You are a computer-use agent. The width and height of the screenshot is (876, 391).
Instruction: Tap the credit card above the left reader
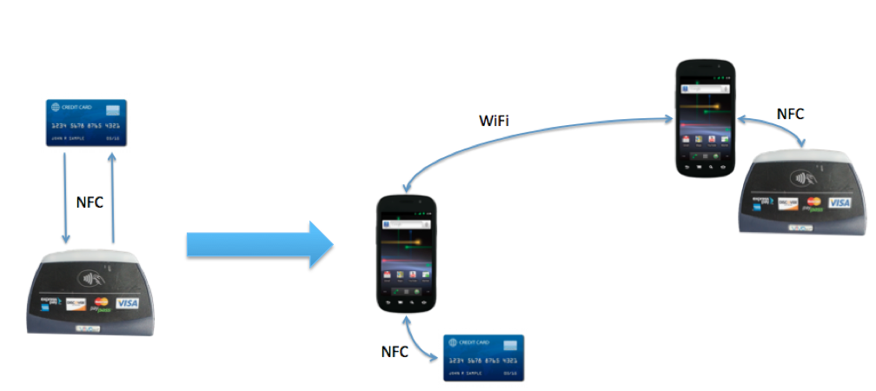87,123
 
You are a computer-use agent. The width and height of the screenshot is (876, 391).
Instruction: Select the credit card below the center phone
484,357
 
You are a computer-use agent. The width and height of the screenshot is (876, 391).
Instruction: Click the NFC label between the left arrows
90,202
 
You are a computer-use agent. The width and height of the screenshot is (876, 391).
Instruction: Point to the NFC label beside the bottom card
395,352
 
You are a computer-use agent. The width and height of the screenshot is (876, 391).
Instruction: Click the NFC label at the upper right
790,113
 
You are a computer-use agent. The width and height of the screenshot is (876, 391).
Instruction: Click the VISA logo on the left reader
127,303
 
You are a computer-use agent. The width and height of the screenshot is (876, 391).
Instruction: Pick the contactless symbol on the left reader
87,280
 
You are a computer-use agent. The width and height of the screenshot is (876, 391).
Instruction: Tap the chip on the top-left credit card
111,110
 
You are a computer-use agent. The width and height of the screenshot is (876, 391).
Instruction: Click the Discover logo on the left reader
76,304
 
